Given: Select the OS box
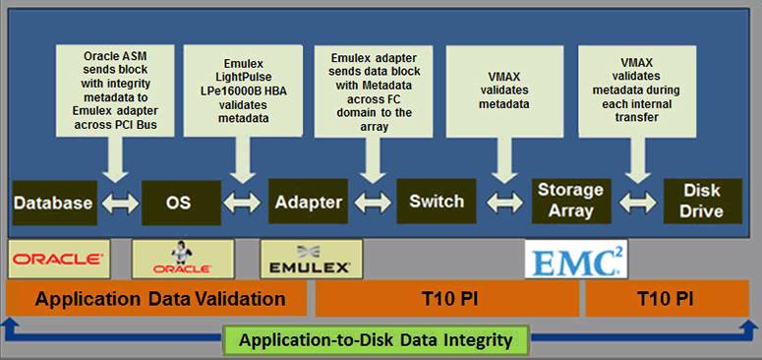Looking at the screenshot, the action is [181, 203].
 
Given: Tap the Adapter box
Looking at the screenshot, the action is [308, 202].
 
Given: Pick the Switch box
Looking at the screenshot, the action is [437, 201].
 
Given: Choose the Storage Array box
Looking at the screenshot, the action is [570, 201].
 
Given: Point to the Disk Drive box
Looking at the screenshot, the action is [703, 201].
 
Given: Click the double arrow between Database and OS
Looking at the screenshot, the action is [120, 203].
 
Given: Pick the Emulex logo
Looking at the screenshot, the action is [311, 259].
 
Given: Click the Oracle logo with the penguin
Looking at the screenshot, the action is [183, 259].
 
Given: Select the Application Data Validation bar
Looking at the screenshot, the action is [156, 298].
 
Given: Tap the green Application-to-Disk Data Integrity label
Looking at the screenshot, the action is [376, 340].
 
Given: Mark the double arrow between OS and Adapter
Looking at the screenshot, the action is [242, 203].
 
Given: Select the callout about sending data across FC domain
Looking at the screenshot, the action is [374, 91].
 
